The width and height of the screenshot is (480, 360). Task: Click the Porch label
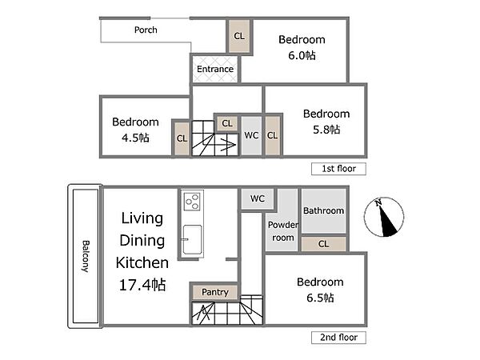pos(146,30)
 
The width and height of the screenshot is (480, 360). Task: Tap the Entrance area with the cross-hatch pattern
pos(215,69)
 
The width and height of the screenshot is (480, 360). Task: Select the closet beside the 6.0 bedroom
pos(239,36)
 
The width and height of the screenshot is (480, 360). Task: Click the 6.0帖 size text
pos(302,55)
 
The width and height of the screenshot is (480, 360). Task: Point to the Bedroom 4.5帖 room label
pos(135,130)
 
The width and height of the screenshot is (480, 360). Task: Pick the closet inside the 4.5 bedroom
pos(182,138)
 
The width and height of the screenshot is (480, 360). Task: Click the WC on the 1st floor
pos(251,135)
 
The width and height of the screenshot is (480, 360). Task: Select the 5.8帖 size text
pos(326,130)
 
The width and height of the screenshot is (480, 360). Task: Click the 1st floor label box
pos(338,169)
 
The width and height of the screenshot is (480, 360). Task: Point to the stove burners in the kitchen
pos(192,201)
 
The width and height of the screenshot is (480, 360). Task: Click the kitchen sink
pos(192,240)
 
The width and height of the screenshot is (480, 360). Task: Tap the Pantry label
pos(215,292)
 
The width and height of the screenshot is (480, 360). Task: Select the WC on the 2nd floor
pos(258,198)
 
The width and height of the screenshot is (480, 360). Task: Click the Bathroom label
pos(323,210)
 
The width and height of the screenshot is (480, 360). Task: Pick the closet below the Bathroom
pos(323,244)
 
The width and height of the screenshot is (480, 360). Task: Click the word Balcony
pos(86,257)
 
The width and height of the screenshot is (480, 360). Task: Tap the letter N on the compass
pos(378,202)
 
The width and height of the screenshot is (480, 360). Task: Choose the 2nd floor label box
pos(338,338)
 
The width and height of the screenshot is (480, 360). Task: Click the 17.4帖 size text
pos(142,285)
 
